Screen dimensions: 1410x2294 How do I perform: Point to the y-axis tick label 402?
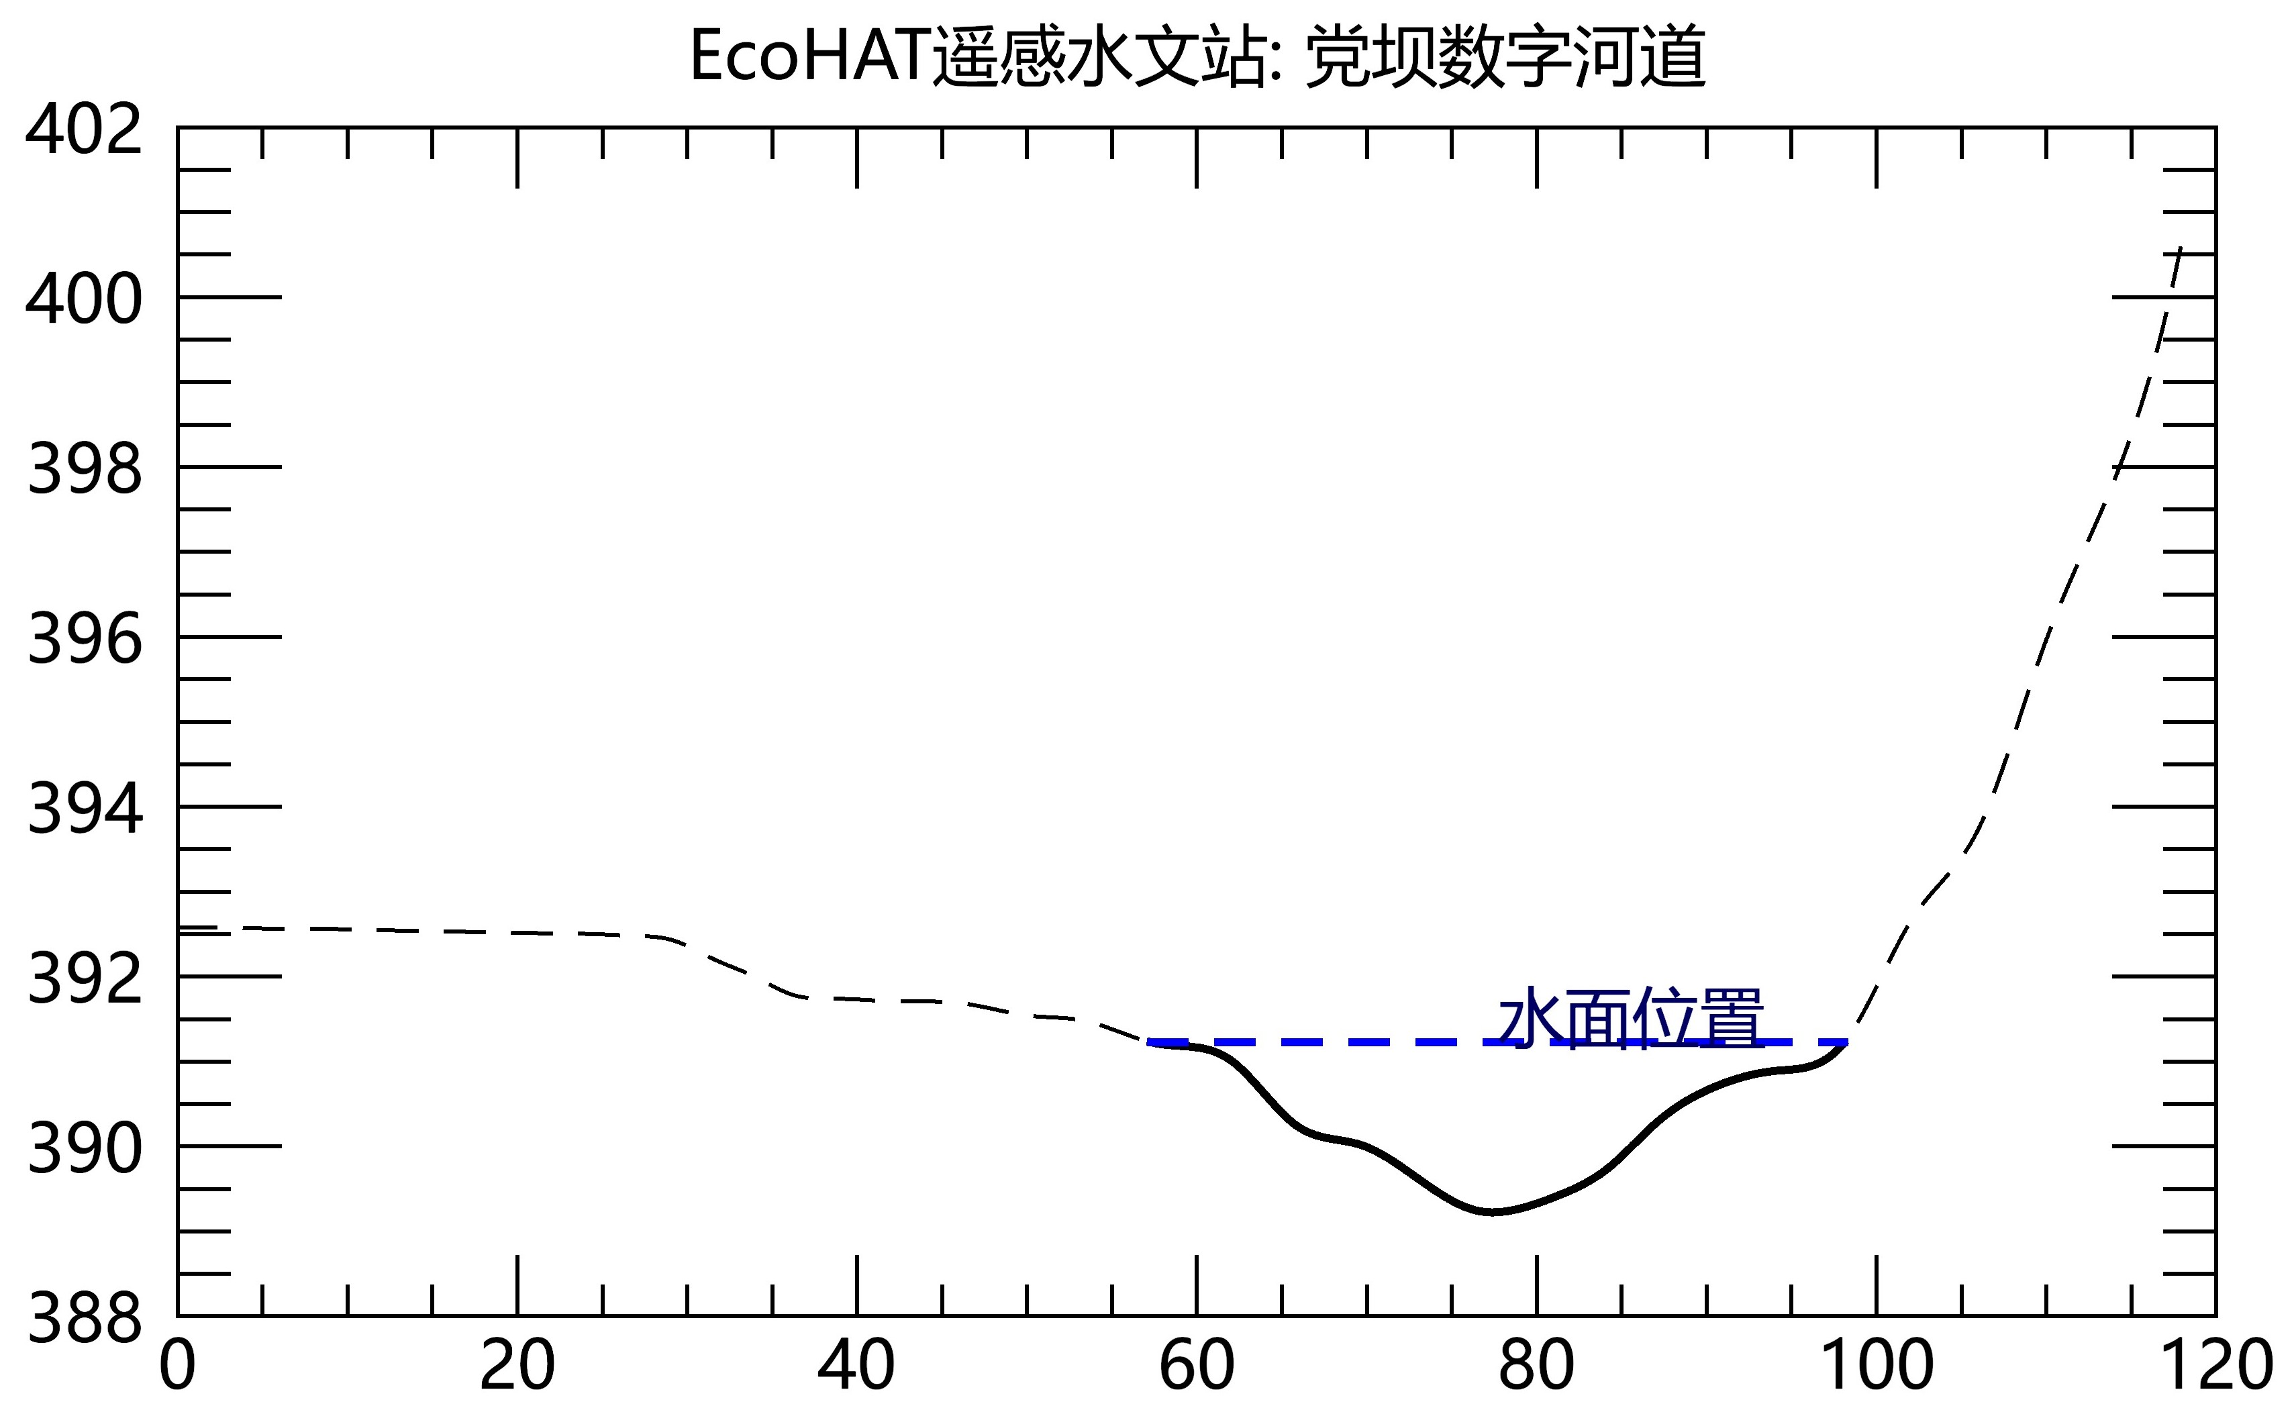[x=84, y=131]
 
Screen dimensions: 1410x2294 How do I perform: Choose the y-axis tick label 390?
[x=84, y=1149]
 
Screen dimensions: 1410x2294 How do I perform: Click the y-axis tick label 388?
[x=84, y=1319]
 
